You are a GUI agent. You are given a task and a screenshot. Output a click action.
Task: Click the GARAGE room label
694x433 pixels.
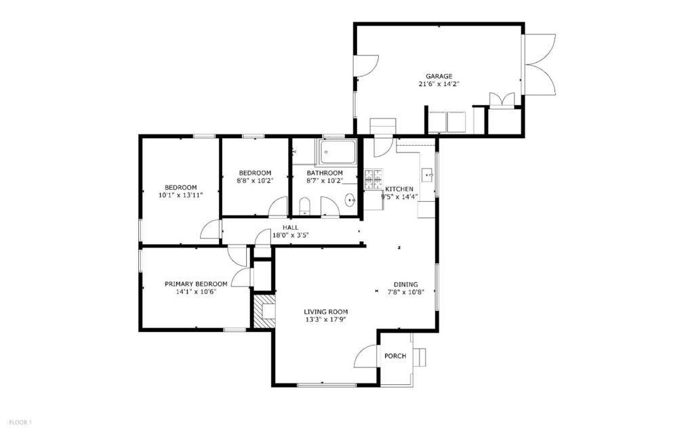coord(438,76)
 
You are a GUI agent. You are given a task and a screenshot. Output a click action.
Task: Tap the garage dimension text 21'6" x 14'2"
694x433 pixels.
coord(438,85)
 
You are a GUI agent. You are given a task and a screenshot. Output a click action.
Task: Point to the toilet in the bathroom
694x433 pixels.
coord(304,205)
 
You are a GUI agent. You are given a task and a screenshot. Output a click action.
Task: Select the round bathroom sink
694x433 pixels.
coord(350,200)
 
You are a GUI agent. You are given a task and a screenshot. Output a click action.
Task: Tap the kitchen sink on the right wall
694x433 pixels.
coord(429,176)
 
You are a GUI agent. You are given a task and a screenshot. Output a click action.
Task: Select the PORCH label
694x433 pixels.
coord(395,356)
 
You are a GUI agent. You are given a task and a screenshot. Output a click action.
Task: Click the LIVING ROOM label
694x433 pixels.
coord(325,312)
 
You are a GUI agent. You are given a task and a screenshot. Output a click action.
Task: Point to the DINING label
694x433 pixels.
coord(406,285)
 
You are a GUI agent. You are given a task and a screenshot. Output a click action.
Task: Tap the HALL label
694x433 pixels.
coord(291,228)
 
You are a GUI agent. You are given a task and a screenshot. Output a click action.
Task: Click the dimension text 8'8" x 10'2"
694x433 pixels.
coord(254,180)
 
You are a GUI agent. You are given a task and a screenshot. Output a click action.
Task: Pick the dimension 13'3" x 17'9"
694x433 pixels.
coord(325,320)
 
